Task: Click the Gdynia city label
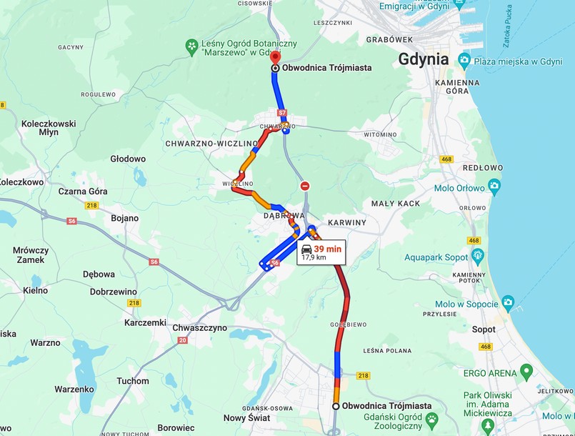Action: (x=424, y=59)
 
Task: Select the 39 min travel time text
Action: (x=328, y=248)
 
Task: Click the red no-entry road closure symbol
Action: (x=305, y=186)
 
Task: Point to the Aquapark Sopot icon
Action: (x=478, y=255)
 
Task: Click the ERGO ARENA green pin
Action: (x=526, y=371)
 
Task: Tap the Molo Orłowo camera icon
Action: (x=495, y=187)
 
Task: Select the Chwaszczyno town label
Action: (x=200, y=327)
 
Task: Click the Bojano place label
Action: (x=125, y=217)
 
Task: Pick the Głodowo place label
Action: (x=128, y=159)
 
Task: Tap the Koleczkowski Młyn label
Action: (x=49, y=128)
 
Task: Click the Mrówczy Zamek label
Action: (x=31, y=255)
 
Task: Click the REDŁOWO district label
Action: (x=483, y=167)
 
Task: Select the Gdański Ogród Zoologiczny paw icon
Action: (x=432, y=417)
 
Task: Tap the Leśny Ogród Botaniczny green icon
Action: (x=191, y=47)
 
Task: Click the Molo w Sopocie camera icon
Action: (x=508, y=303)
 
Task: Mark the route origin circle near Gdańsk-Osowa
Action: (x=336, y=406)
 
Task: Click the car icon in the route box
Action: (x=306, y=248)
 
